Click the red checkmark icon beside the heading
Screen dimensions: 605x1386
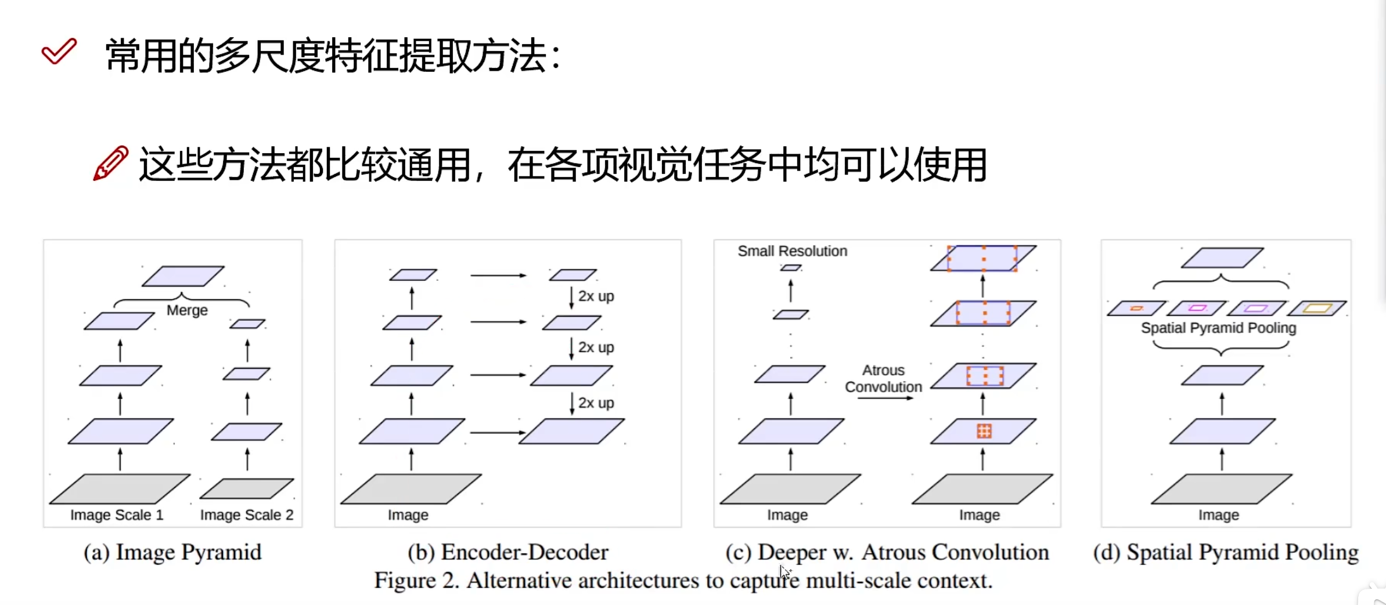coord(59,52)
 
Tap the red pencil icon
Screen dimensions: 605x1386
coord(110,163)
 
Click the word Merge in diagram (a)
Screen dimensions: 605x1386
coord(187,310)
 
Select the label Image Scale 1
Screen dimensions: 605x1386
coord(117,515)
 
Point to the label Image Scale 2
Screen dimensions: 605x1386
coord(247,515)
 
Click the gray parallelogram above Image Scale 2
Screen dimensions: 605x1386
coord(247,488)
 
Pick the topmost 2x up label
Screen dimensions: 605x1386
coord(596,296)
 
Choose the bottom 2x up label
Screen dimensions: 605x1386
coord(596,403)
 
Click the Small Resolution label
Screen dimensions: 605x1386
coord(792,251)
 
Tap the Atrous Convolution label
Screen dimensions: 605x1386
coord(883,378)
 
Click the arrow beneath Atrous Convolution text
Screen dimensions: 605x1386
coord(885,398)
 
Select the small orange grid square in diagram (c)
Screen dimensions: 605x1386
coord(984,431)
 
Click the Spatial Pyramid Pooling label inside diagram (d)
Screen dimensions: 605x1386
coord(1218,328)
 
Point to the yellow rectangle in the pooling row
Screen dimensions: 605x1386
coord(1317,308)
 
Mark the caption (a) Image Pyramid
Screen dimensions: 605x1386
coord(172,552)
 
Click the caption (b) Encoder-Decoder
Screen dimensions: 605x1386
coord(508,552)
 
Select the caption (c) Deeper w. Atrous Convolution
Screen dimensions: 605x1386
coord(887,552)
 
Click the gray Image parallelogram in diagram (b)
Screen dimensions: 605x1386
coord(411,488)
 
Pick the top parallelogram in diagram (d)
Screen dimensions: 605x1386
coord(1222,258)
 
